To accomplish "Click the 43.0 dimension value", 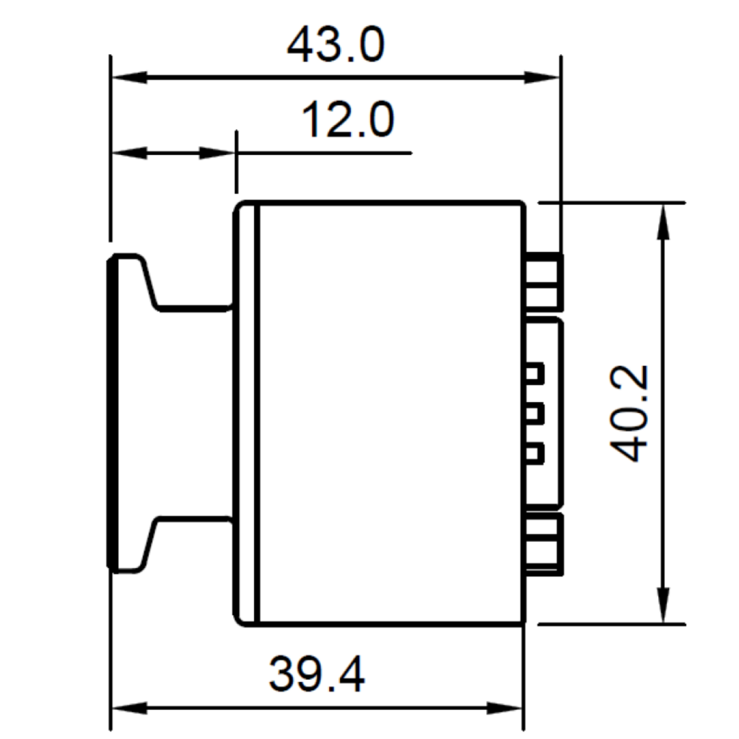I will (x=336, y=47).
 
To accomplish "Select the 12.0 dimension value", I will (x=348, y=121).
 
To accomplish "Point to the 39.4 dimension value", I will (x=317, y=674).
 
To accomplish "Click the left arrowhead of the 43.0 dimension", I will (x=128, y=76).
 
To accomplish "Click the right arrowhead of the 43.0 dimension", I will (x=541, y=76).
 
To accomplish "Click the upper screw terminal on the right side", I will (x=545, y=281).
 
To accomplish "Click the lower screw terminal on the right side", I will (x=545, y=545).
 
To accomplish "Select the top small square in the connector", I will (x=535, y=374).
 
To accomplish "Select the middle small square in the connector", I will (x=535, y=414).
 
